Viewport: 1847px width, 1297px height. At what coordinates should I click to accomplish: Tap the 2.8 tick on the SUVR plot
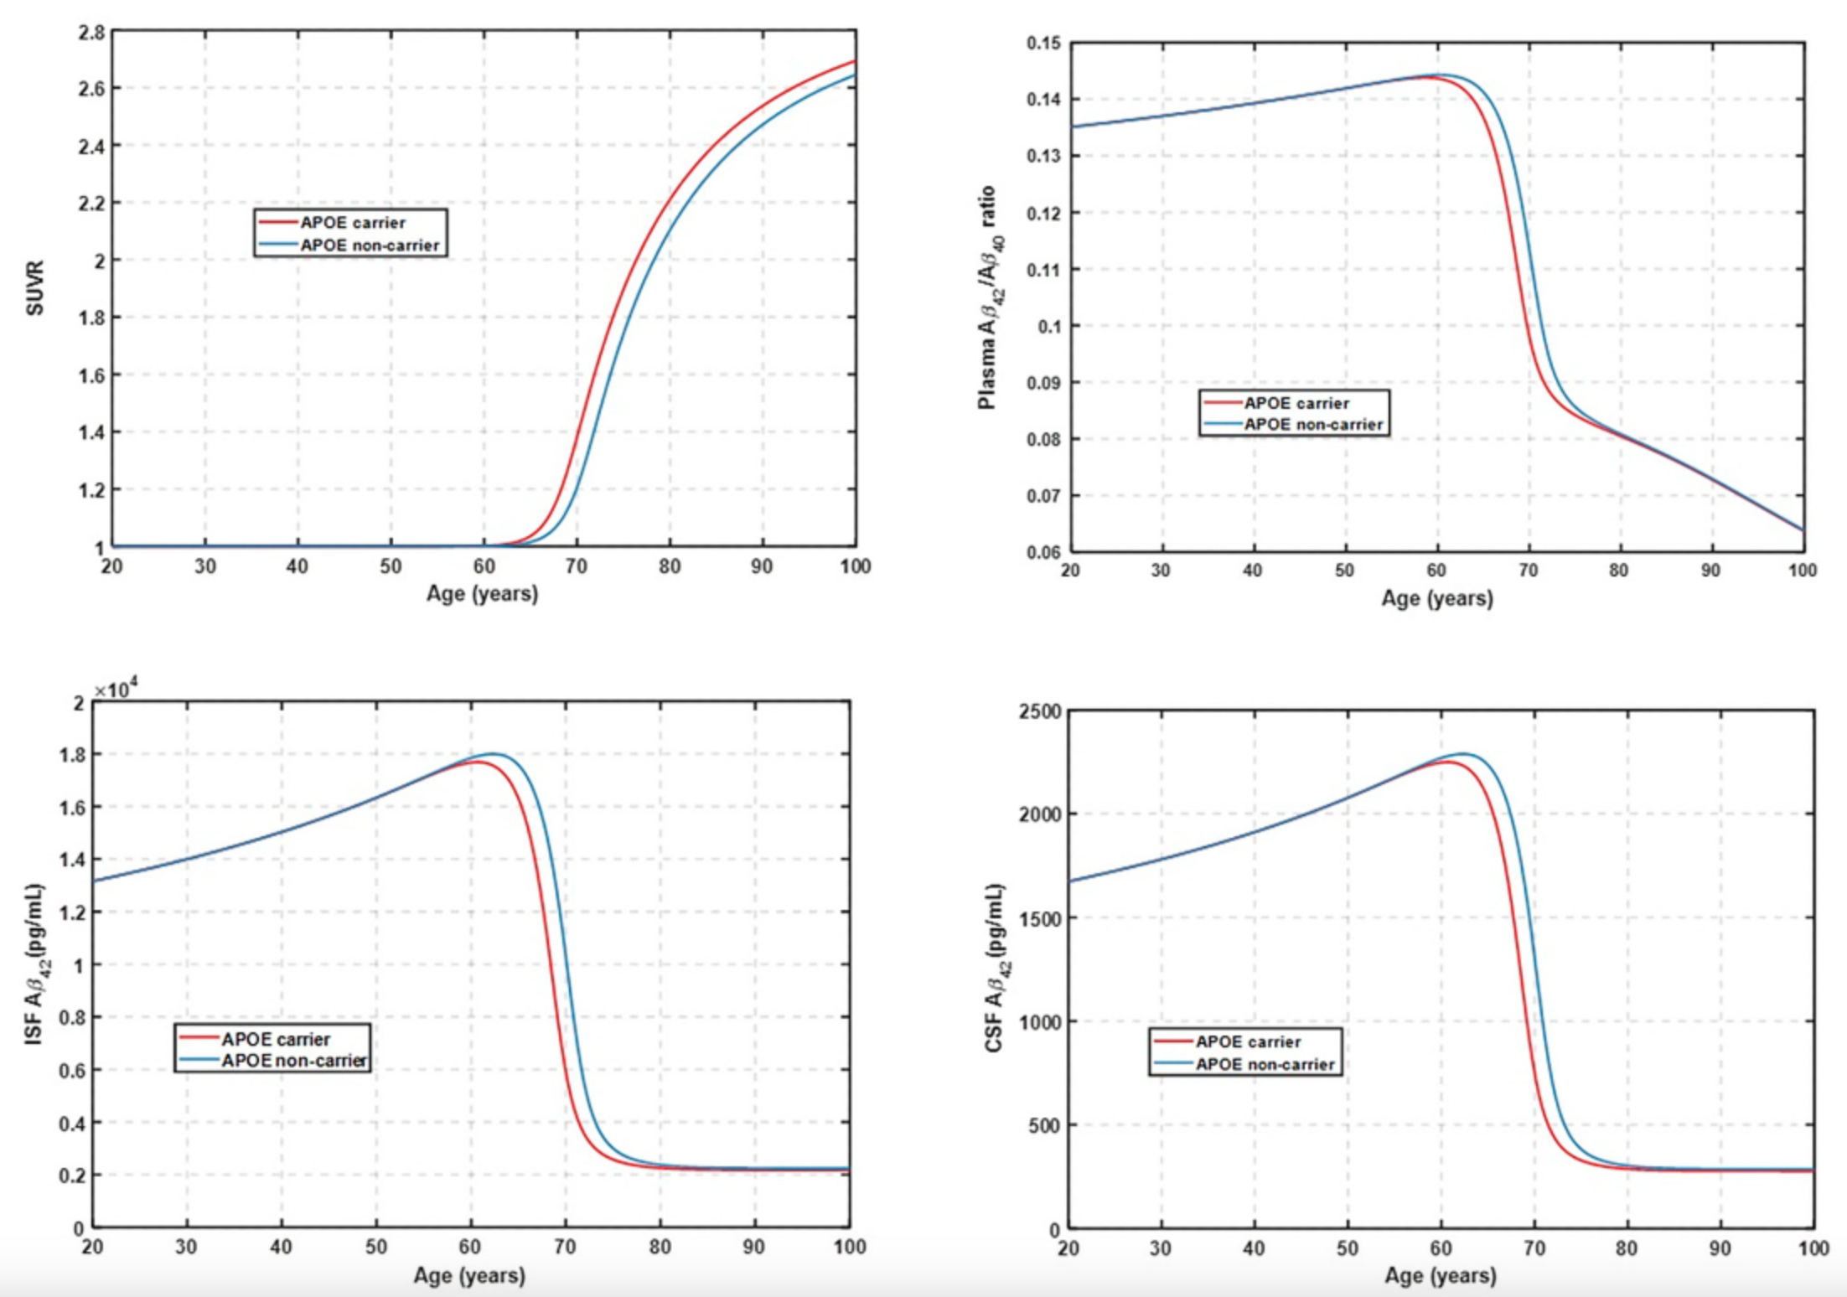(x=91, y=33)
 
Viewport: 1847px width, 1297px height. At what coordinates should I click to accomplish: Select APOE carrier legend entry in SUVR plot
(x=352, y=223)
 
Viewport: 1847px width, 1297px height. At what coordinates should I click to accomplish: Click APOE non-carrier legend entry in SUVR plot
(x=369, y=245)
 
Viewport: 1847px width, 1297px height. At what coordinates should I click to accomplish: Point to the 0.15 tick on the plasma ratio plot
(x=1042, y=43)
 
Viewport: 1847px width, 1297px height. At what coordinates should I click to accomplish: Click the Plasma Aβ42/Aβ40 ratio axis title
(x=991, y=297)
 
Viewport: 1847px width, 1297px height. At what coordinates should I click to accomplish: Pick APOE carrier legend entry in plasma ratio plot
(x=1296, y=403)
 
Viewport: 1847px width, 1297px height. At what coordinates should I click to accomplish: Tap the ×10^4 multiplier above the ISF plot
(x=116, y=689)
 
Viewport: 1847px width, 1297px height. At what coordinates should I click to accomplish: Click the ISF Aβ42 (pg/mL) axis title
(x=35, y=964)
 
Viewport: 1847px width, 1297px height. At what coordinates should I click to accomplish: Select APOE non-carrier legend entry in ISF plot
(x=293, y=1061)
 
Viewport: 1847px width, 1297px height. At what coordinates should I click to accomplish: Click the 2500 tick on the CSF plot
(x=1039, y=711)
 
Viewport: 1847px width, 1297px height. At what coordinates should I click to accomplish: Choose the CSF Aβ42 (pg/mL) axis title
(x=996, y=968)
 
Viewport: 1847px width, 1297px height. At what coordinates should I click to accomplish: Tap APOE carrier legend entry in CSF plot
(x=1247, y=1041)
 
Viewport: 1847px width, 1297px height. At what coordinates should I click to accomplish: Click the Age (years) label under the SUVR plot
(x=482, y=594)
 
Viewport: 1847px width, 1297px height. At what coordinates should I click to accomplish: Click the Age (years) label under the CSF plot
(x=1440, y=1275)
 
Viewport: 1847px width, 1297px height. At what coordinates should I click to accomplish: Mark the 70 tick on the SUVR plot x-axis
(x=576, y=567)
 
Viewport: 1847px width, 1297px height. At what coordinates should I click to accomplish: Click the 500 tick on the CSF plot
(x=1044, y=1125)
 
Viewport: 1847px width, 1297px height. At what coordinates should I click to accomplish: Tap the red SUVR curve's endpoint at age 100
(x=854, y=61)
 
